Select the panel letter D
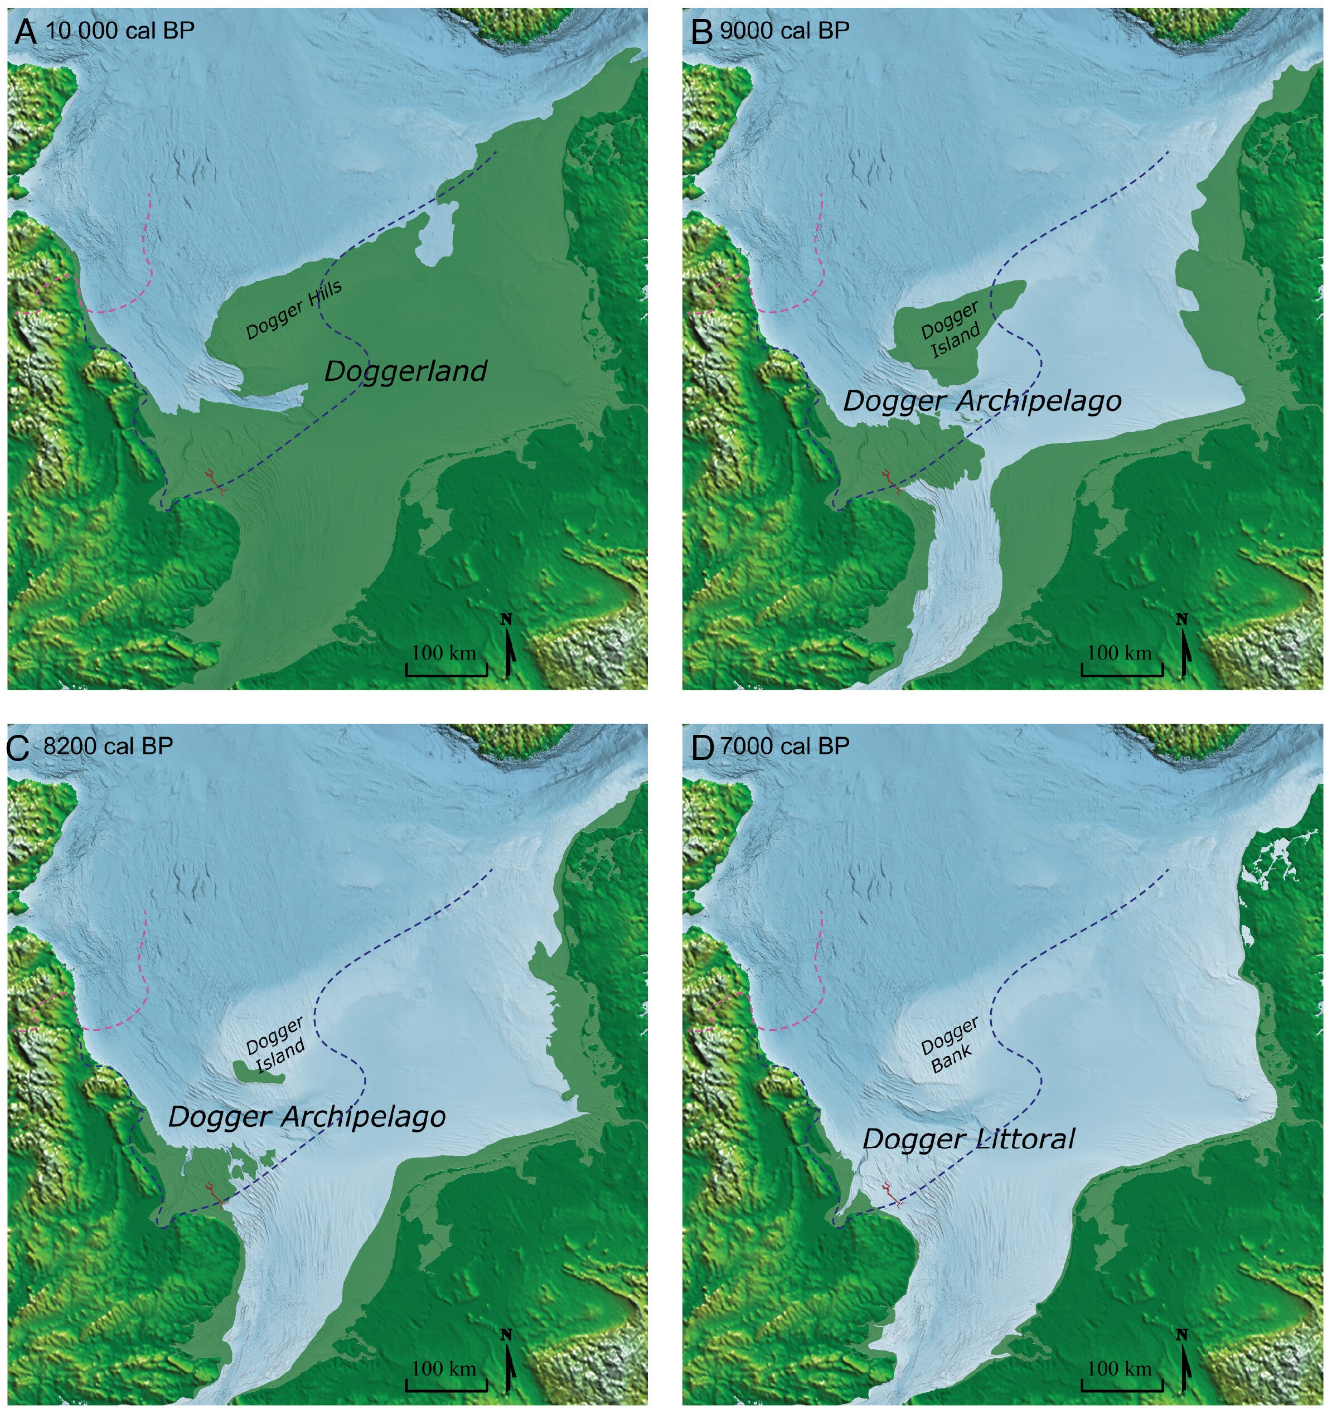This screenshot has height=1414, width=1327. [x=701, y=748]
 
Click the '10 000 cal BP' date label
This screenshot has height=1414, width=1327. [x=119, y=31]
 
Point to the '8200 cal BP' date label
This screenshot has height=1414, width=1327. [x=108, y=746]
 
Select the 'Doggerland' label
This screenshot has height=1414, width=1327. [x=405, y=371]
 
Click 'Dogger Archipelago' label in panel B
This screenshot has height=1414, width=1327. [x=981, y=401]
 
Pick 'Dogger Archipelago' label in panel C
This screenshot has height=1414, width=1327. [x=307, y=1117]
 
